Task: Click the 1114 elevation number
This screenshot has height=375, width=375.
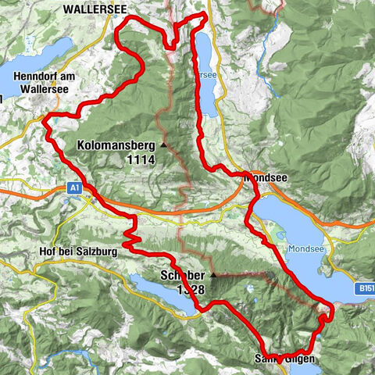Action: pyautogui.click(x=139, y=159)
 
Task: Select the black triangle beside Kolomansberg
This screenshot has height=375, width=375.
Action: pyautogui.click(x=163, y=145)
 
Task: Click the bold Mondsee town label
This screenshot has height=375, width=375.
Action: pyautogui.click(x=270, y=177)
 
